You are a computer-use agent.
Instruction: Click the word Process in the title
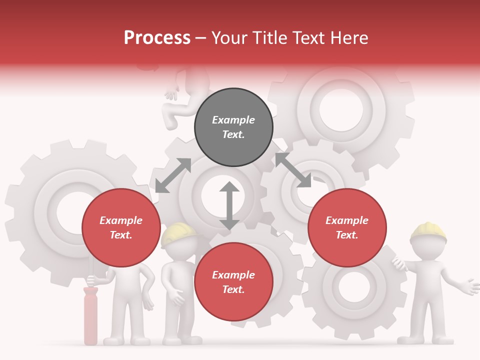pyautogui.click(x=157, y=38)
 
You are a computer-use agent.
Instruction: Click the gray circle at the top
pyautogui.click(x=233, y=127)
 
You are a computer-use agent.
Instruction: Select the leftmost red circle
pyautogui.click(x=121, y=228)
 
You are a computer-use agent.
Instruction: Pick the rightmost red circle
pyautogui.click(x=347, y=228)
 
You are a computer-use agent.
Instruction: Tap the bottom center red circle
pyautogui.click(x=233, y=282)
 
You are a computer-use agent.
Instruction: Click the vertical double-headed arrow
pyautogui.click(x=229, y=205)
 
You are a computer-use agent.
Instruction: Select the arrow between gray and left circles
pyautogui.click(x=173, y=175)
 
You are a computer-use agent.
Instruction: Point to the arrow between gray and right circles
pyautogui.click(x=293, y=170)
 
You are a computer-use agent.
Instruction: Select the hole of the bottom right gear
pyautogui.click(x=354, y=287)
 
